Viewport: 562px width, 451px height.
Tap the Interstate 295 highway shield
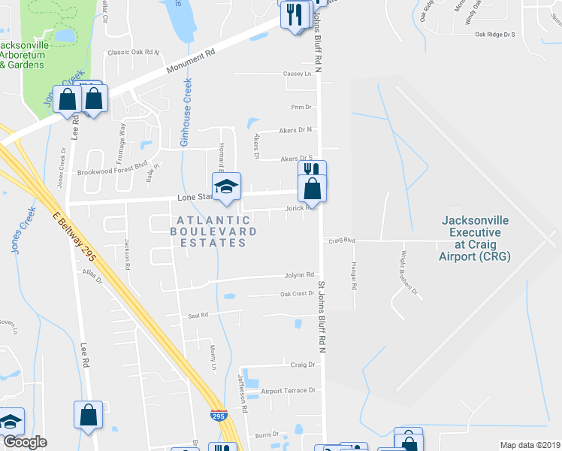pyautogui.click(x=217, y=414)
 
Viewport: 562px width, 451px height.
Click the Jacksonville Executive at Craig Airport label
pyautogui.click(x=475, y=238)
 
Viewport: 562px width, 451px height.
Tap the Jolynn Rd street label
pyautogui.click(x=298, y=275)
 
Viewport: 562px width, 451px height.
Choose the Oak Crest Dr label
pyautogui.click(x=297, y=294)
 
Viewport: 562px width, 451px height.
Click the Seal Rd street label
pyautogui.click(x=198, y=316)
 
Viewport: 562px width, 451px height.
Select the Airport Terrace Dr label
pyautogui.click(x=289, y=391)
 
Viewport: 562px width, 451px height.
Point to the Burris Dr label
pyautogui.click(x=267, y=434)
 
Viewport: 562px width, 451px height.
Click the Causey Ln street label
pyautogui.click(x=297, y=74)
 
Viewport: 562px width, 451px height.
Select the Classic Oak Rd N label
pyautogui.click(x=134, y=53)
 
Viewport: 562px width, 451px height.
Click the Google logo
pyautogui.click(x=25, y=442)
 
